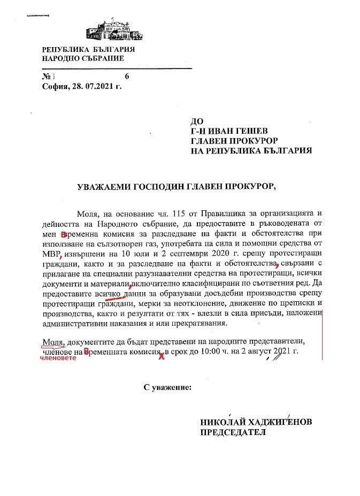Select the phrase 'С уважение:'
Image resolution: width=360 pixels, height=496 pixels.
tap(166, 386)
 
